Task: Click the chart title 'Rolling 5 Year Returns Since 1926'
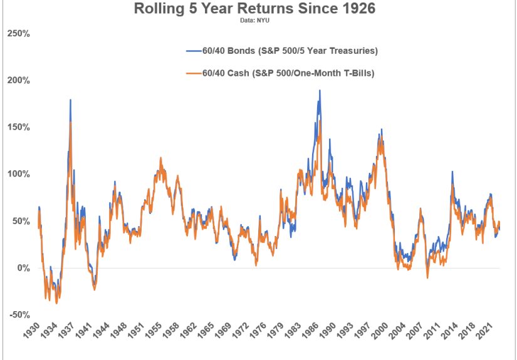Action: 259,10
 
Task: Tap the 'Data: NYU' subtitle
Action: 259,21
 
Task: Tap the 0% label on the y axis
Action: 23,268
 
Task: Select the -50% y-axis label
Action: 19,315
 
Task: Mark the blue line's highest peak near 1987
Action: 320,91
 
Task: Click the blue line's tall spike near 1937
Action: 70,100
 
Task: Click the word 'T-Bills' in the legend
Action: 359,74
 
